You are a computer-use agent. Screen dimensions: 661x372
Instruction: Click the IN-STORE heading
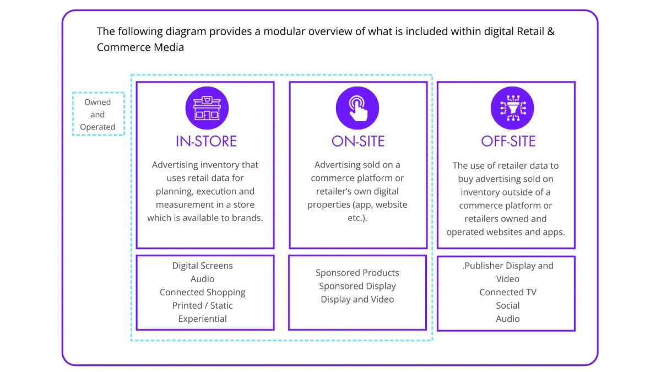click(206, 141)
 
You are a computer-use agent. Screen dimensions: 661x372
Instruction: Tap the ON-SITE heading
click(358, 141)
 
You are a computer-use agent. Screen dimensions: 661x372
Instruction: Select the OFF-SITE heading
click(508, 141)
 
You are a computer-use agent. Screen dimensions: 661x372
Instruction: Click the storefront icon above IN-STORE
click(207, 108)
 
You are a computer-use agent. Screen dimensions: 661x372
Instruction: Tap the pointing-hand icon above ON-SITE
click(357, 108)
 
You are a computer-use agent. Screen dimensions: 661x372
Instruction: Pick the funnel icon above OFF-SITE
click(512, 108)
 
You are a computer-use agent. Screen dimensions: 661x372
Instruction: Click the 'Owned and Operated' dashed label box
click(98, 114)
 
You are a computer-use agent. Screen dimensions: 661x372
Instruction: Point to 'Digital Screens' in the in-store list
click(203, 266)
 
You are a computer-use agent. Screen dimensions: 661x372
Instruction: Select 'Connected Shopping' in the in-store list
click(203, 292)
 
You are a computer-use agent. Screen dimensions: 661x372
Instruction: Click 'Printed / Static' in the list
click(203, 305)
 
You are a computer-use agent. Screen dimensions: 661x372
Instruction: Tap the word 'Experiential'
click(203, 319)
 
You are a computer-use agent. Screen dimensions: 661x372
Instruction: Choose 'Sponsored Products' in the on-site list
click(357, 273)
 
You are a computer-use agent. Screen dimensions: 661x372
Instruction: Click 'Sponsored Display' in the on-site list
click(357, 286)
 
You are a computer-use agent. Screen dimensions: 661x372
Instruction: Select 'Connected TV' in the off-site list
click(508, 292)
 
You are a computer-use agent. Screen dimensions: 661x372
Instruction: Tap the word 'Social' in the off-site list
click(508, 305)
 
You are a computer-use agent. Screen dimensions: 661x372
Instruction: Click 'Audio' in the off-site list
click(508, 319)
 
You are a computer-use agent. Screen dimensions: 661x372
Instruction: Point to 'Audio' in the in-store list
click(203, 279)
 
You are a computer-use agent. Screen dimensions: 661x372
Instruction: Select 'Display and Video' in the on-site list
click(357, 299)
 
